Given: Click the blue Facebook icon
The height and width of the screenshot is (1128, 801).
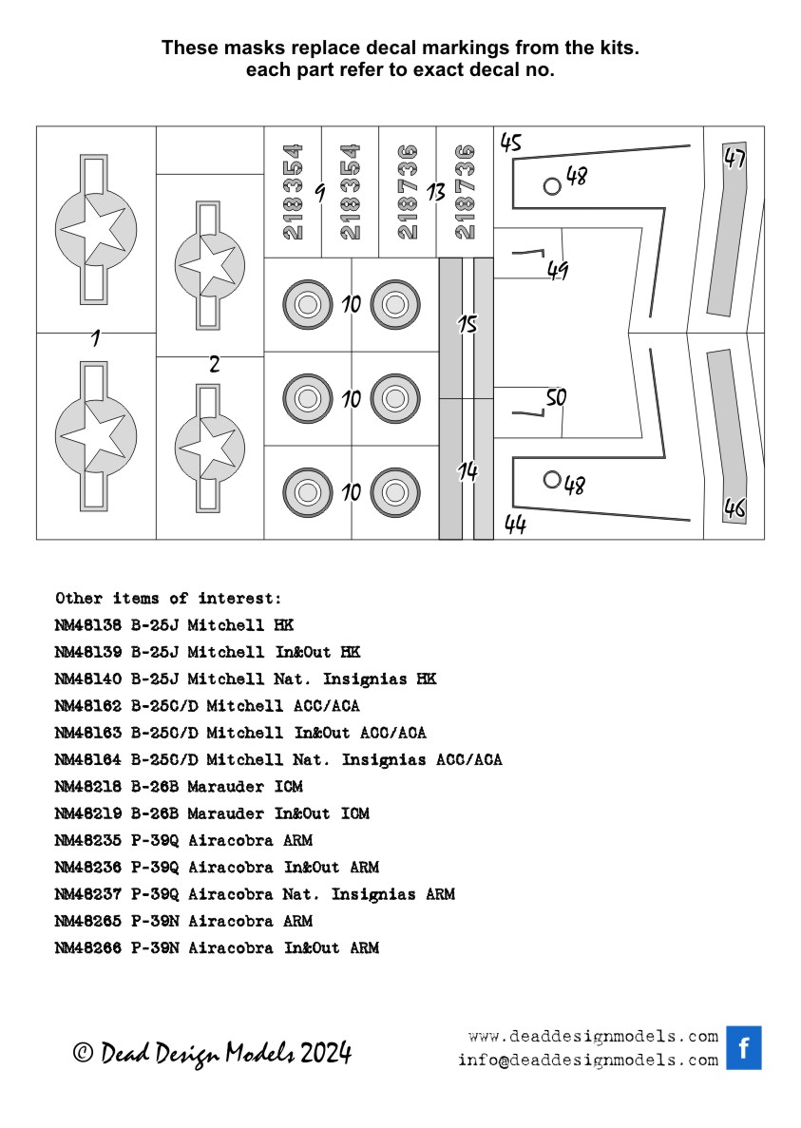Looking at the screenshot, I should pyautogui.click(x=744, y=1047).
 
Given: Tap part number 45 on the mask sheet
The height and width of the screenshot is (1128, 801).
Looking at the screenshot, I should pyautogui.click(x=511, y=143).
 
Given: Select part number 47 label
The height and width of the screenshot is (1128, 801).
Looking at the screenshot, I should pyautogui.click(x=734, y=159).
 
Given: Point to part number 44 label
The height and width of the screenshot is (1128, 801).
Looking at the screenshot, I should pyautogui.click(x=515, y=525).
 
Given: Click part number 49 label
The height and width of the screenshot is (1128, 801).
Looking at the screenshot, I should pyautogui.click(x=557, y=271).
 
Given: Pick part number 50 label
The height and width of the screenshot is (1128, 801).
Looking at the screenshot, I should pyautogui.click(x=556, y=399).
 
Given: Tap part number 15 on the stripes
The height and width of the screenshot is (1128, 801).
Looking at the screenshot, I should pyautogui.click(x=467, y=325).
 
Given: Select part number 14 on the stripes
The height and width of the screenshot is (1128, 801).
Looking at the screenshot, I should pyautogui.click(x=467, y=471).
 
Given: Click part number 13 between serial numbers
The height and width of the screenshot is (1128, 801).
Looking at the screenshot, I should pyautogui.click(x=436, y=192).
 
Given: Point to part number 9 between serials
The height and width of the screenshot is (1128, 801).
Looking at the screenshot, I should pyautogui.click(x=320, y=193).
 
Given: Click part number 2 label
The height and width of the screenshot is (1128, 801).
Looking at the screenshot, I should pyautogui.click(x=215, y=364).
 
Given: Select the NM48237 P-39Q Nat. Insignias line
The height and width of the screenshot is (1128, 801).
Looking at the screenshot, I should pyautogui.click(x=255, y=894).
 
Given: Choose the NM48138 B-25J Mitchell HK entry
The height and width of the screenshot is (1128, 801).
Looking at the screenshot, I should pyautogui.click(x=174, y=625).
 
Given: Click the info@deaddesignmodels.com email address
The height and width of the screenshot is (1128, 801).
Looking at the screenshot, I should pyautogui.click(x=587, y=1061).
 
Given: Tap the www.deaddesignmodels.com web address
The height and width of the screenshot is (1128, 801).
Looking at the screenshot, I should pyautogui.click(x=593, y=1036).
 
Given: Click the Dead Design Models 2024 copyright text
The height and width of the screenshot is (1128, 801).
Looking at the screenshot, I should pyautogui.click(x=213, y=1053).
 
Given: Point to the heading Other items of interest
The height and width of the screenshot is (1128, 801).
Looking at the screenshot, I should pyautogui.click(x=168, y=599).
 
